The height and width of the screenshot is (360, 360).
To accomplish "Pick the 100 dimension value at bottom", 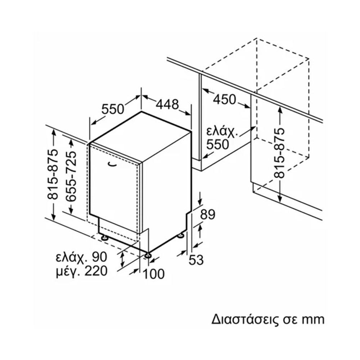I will (x=153, y=274).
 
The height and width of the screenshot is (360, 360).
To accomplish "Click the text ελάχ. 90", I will (x=81, y=257).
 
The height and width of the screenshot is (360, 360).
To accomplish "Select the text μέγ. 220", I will (x=81, y=271).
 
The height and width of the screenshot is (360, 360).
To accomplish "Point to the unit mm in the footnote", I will (x=313, y=319).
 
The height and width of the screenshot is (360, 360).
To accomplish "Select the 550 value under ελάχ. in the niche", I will (x=217, y=144).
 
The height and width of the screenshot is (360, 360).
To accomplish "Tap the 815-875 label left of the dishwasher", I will (x=53, y=174).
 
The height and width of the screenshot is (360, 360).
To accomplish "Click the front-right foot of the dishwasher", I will (x=148, y=255).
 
